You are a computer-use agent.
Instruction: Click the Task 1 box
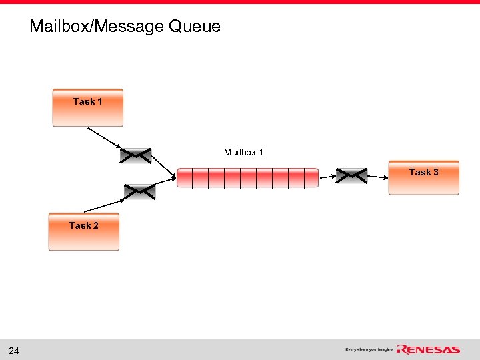coord(87,107)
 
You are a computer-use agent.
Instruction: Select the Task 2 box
coord(83,231)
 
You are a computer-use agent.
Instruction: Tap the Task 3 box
coord(423,177)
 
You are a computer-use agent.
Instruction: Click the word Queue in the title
coord(195,27)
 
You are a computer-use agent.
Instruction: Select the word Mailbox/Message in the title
coord(97,27)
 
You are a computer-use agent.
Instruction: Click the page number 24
coord(14,351)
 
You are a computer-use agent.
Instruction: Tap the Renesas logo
coord(428,349)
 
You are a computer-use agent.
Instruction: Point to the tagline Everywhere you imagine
coord(369,349)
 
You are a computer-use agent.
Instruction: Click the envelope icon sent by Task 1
coord(135,155)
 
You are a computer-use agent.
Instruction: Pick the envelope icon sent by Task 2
coord(139,192)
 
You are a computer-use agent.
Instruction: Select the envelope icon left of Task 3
coord(351,175)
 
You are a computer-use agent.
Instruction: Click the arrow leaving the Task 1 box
coord(103,137)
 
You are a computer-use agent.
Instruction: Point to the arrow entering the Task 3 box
coord(377,177)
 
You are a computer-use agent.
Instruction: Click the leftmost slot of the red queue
coord(185,178)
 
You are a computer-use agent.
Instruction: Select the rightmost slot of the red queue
coord(312,178)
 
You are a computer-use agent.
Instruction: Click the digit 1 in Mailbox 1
coord(261,153)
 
